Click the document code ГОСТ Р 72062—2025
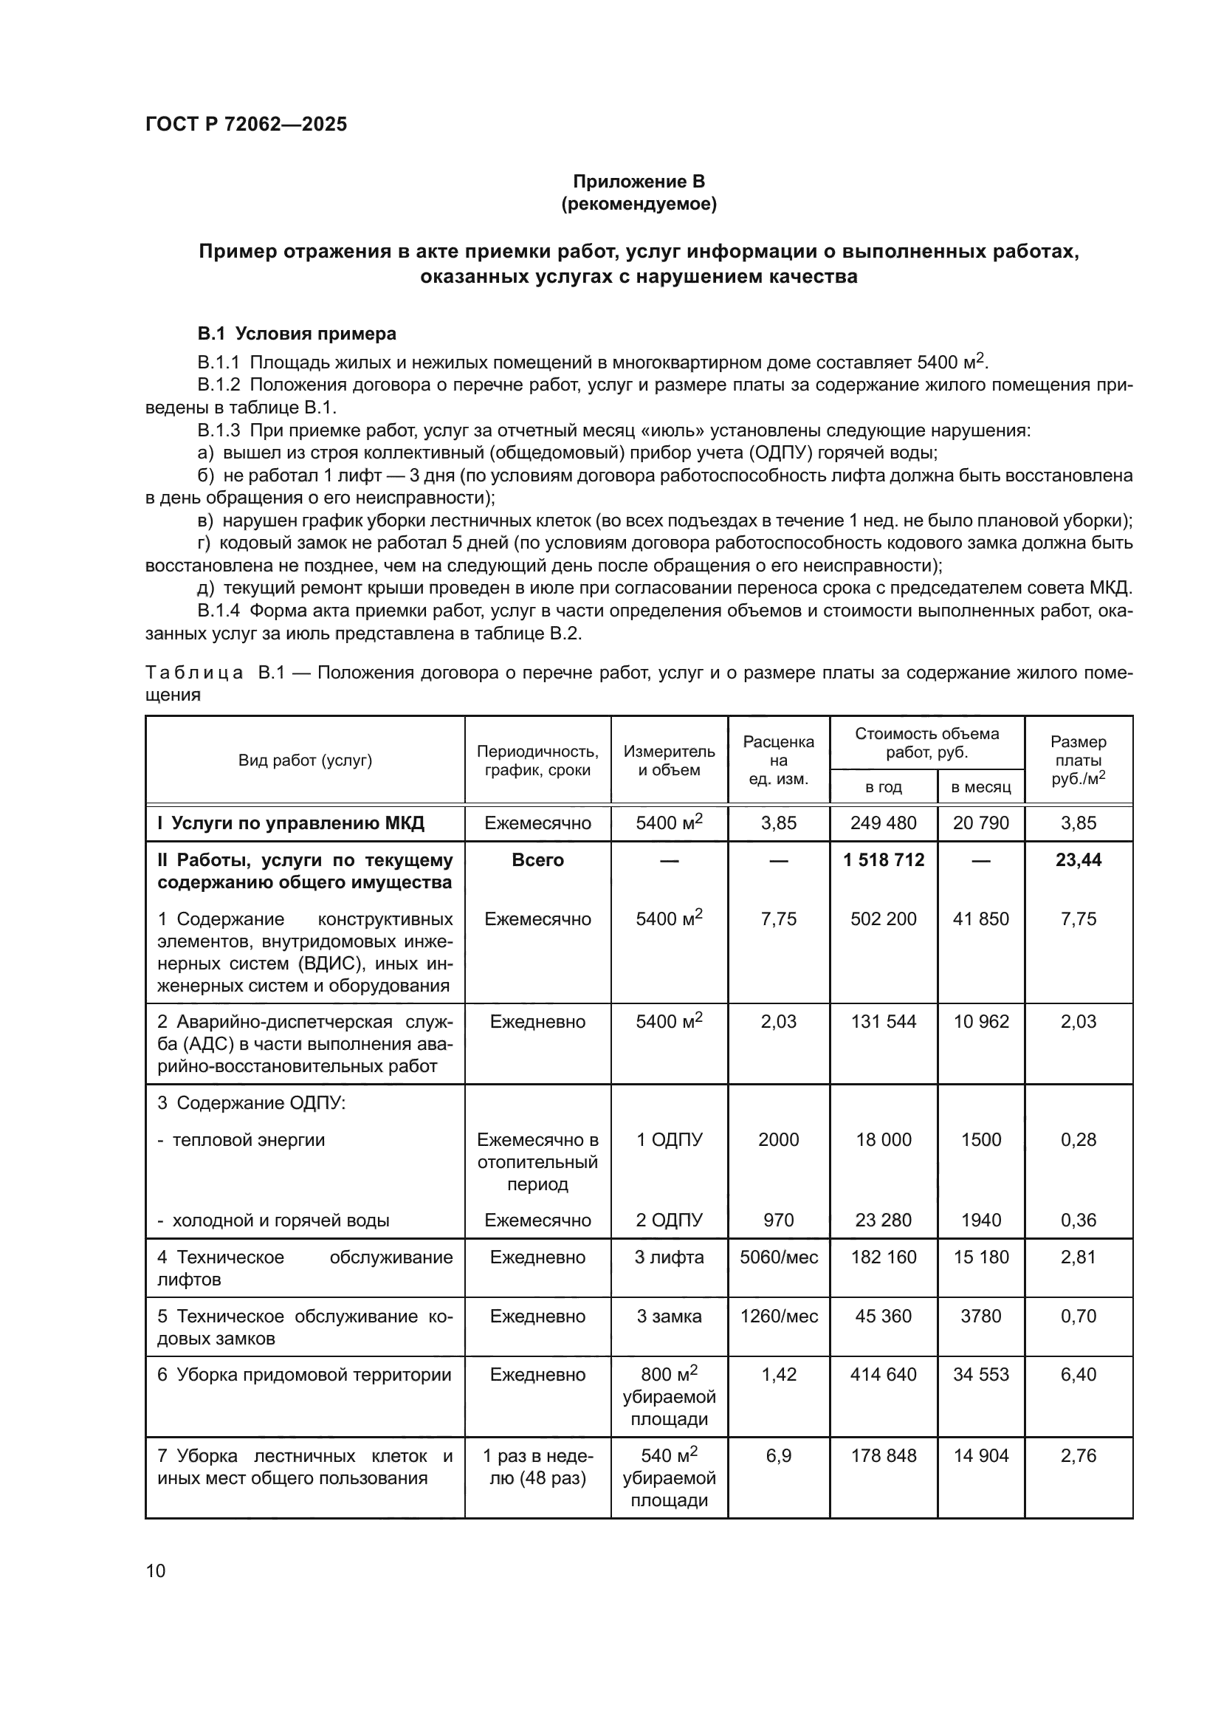[246, 124]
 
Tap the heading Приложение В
[639, 182]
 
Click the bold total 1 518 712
[884, 859]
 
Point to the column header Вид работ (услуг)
[306, 760]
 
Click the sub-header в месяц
[980, 788]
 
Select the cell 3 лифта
[668, 1257]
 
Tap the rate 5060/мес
[778, 1257]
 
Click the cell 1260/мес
[778, 1316]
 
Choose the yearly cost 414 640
[884, 1374]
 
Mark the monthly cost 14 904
[980, 1455]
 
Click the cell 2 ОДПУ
[668, 1220]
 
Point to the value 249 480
[884, 823]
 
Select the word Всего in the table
[537, 859]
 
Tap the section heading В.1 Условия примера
[296, 333]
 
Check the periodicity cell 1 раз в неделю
[537, 1467]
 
